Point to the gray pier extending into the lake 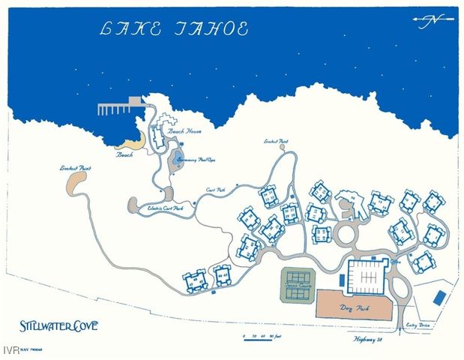coord(120,107)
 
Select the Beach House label coord(184,131)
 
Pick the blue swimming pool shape coord(179,157)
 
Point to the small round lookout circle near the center coord(282,148)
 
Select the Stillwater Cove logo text coord(58,326)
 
